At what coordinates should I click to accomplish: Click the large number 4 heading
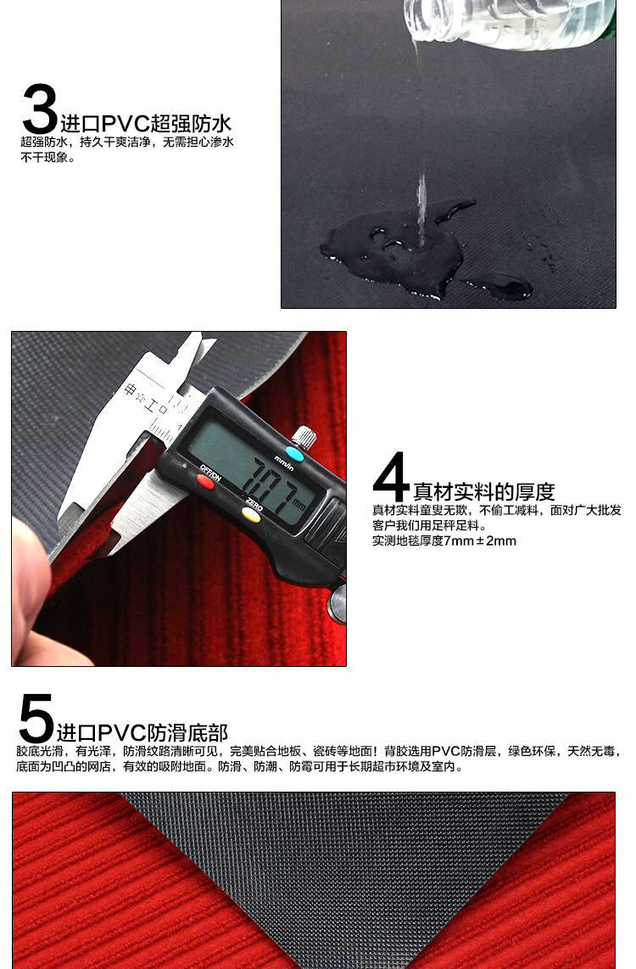point(391,478)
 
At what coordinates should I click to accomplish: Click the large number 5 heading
point(36,719)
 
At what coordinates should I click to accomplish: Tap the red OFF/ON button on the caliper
point(205,483)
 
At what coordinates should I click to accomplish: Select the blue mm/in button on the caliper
point(294,453)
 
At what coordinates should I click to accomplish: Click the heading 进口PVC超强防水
point(146,123)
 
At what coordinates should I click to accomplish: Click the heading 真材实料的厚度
point(483,491)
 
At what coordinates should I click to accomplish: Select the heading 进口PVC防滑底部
point(142,732)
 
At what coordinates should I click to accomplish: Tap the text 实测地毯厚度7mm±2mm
point(444,541)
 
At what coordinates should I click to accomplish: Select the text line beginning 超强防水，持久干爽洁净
point(127,143)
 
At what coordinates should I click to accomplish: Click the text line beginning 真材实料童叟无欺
point(496,510)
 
